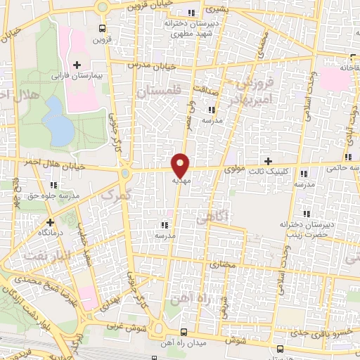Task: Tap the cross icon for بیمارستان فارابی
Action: [x=77, y=65]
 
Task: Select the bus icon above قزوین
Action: [x=103, y=29]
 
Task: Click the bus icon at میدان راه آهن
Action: [x=184, y=332]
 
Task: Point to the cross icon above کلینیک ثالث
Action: [x=268, y=161]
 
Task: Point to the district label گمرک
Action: [x=116, y=195]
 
